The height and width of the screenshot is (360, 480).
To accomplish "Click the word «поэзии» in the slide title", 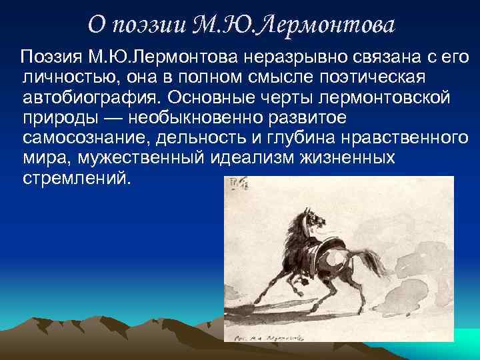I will [x=150, y=25].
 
